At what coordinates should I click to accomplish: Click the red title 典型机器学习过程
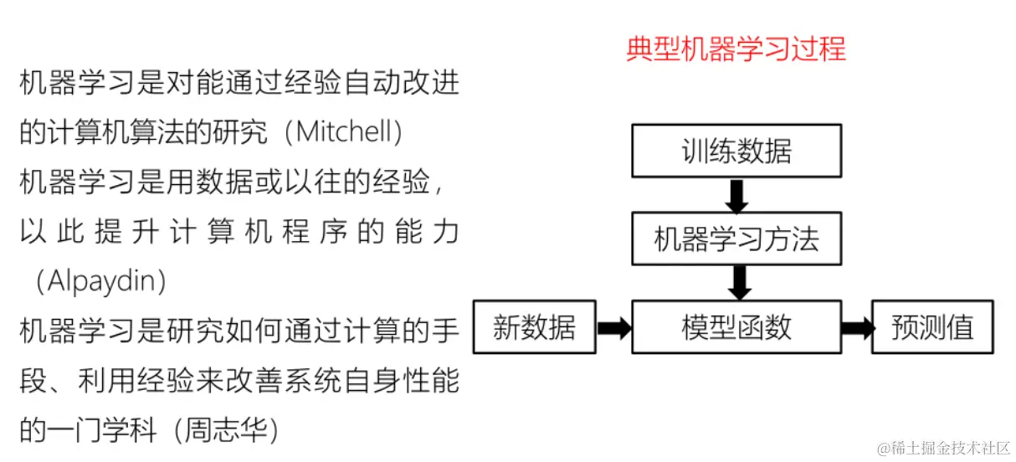(x=736, y=49)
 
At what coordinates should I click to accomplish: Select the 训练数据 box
(x=736, y=151)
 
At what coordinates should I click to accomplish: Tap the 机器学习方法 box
(x=736, y=239)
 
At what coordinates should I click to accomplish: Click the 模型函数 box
(x=736, y=326)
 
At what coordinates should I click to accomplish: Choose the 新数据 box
(x=534, y=326)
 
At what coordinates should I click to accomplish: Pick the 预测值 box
(x=932, y=326)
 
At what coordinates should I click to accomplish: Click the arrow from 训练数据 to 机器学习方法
(x=736, y=196)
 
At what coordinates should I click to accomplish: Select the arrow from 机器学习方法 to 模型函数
(x=736, y=283)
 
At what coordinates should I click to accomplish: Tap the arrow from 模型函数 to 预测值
(x=856, y=327)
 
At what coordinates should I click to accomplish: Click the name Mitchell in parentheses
(x=343, y=132)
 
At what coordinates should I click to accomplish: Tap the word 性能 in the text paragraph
(x=433, y=382)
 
